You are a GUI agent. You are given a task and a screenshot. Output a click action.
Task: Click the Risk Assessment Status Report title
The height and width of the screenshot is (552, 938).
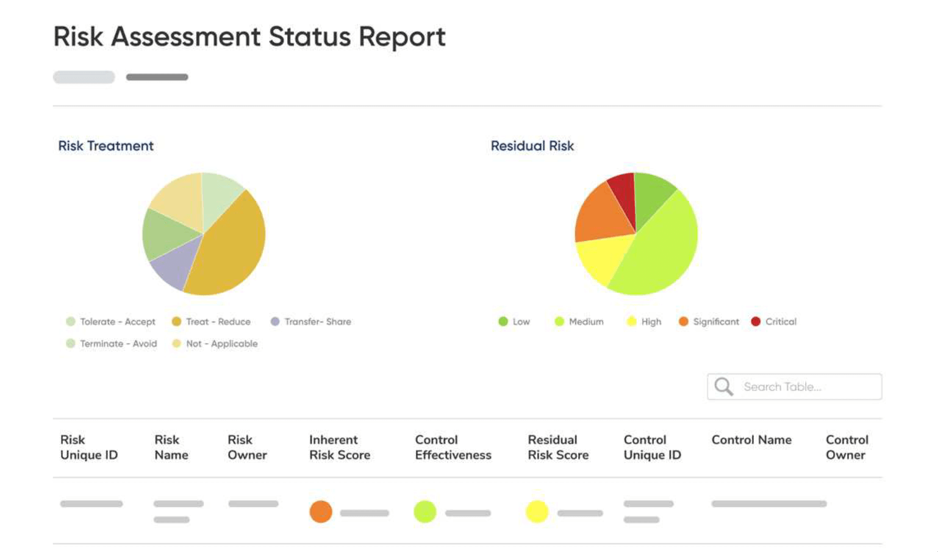pyautogui.click(x=249, y=37)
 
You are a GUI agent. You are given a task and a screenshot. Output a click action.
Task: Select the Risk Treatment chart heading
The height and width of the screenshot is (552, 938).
pyautogui.click(x=106, y=146)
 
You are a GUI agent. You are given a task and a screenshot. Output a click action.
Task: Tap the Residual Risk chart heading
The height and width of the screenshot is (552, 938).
pyautogui.click(x=532, y=146)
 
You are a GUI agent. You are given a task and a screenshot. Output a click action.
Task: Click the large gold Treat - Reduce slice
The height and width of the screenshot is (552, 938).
pyautogui.click(x=226, y=250)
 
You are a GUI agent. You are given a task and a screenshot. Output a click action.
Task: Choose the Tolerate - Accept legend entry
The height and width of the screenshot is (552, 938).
pyautogui.click(x=110, y=322)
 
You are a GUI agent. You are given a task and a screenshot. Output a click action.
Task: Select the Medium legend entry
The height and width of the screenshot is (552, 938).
pyautogui.click(x=579, y=322)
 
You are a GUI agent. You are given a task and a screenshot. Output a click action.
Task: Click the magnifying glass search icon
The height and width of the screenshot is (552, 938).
pyautogui.click(x=723, y=387)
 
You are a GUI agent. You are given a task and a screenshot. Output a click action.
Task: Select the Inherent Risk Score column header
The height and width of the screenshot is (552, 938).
pyautogui.click(x=339, y=447)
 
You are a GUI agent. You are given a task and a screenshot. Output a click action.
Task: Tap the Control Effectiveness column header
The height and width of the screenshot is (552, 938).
pyautogui.click(x=453, y=447)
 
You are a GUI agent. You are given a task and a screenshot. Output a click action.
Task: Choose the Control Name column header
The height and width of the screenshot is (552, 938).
pyautogui.click(x=751, y=440)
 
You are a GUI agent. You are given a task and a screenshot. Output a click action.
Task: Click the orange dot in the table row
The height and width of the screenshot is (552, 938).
pyautogui.click(x=321, y=512)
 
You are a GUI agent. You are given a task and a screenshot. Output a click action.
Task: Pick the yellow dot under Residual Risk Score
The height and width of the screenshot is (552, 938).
pyautogui.click(x=537, y=512)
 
